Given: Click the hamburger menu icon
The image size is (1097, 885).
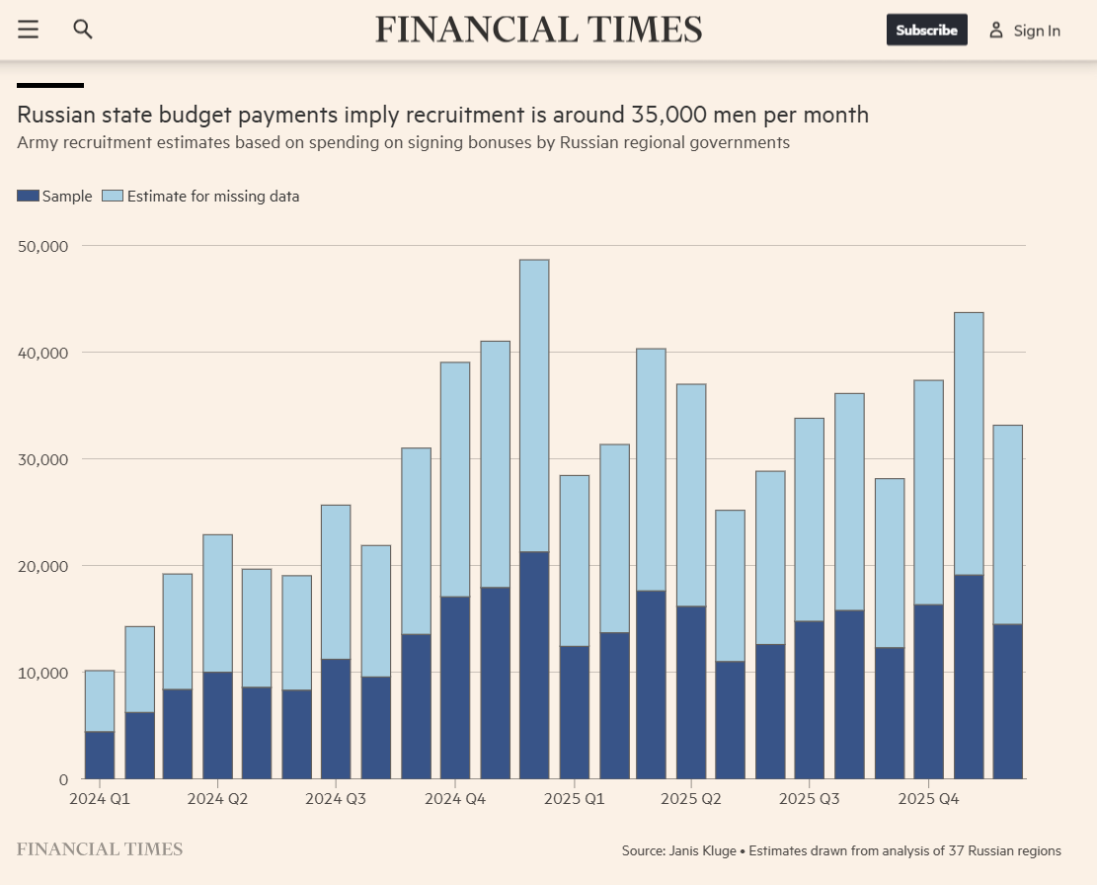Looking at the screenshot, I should (x=28, y=30).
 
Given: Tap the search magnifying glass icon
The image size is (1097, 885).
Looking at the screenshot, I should (x=83, y=30).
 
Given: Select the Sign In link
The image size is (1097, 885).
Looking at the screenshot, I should (x=1036, y=31).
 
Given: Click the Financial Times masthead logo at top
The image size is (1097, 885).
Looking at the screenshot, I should (x=538, y=29).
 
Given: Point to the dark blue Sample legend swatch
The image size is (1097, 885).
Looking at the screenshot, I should (x=28, y=197).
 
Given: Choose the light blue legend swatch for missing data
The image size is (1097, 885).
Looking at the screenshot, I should (x=113, y=197).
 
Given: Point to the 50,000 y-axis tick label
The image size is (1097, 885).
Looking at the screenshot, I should (x=42, y=246).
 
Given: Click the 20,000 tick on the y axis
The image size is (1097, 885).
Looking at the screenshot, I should (x=42, y=566).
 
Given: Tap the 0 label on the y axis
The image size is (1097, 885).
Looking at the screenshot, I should (x=62, y=779).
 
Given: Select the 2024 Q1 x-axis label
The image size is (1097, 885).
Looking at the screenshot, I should (x=99, y=798).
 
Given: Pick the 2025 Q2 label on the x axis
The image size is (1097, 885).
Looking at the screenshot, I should (x=691, y=798).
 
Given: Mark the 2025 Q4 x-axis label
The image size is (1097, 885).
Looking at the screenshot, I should (x=929, y=798).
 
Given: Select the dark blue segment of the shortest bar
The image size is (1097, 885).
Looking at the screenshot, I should (x=100, y=756).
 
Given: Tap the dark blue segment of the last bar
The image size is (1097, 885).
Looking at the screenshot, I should (x=1008, y=701).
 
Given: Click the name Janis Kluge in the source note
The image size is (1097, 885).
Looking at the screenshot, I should (x=702, y=850).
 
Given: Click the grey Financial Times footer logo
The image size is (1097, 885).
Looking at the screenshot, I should (x=100, y=849).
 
